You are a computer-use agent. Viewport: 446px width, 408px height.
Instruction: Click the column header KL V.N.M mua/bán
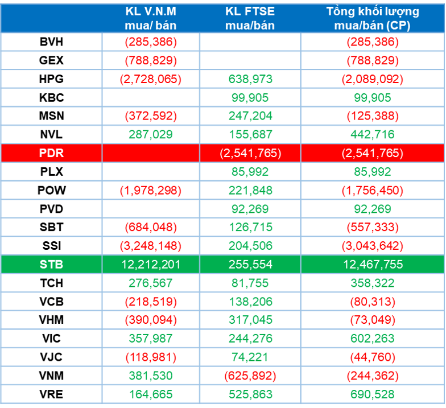(151, 18)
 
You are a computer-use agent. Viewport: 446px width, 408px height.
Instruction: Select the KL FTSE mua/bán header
(250, 18)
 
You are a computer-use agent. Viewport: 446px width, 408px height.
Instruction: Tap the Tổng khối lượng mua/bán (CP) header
(373, 18)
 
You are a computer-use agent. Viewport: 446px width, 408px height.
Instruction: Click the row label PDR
(52, 153)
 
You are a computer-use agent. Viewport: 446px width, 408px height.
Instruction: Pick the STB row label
(52, 264)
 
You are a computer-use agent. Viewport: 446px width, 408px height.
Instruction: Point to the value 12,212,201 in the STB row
(151, 264)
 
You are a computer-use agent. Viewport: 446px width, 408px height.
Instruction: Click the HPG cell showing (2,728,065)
(151, 79)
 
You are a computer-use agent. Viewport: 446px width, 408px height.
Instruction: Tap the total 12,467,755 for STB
(373, 264)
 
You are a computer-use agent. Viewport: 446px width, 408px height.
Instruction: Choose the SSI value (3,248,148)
(151, 246)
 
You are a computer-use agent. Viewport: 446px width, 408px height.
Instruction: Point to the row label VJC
(52, 357)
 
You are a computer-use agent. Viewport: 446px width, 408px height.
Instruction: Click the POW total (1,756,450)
(373, 190)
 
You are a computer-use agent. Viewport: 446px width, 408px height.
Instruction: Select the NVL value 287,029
(151, 135)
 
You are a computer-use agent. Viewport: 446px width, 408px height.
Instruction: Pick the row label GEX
(52, 60)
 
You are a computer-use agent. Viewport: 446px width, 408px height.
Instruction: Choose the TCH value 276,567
(151, 283)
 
